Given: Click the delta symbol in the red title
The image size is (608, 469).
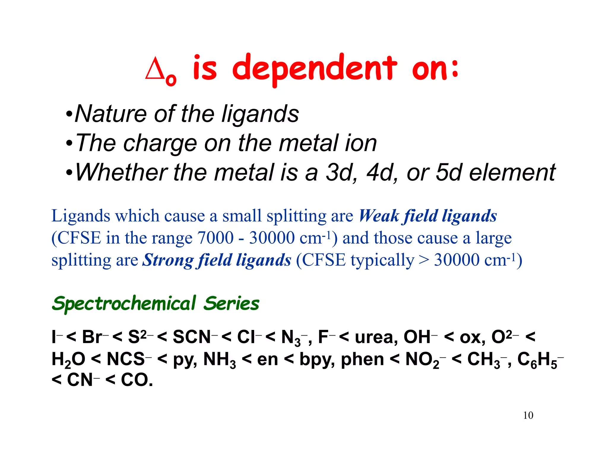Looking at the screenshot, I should coord(155,69).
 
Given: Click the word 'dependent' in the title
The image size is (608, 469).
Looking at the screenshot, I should coord(314,69).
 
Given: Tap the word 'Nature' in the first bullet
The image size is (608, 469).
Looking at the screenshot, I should coord(111,114).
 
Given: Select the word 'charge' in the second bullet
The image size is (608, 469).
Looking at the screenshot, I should coord(160,143).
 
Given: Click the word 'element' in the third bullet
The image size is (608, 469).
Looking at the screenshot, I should coord(512,172).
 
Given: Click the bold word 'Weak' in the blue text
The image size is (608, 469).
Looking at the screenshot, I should coord(379,216).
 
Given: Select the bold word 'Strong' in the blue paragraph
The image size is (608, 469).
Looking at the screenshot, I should coord(167,260).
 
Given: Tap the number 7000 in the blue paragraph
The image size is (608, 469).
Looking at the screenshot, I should coord(216,238).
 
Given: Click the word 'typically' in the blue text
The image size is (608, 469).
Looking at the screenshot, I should coord(382,260).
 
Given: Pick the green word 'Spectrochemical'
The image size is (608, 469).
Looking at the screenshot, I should coord(124,304).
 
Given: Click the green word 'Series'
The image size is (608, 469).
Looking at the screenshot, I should coord(231,304).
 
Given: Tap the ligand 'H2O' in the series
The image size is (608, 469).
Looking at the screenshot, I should coord(68,359).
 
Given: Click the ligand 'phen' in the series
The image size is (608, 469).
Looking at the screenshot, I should coord(362,359).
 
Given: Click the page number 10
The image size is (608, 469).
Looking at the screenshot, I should coord(528,415).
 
